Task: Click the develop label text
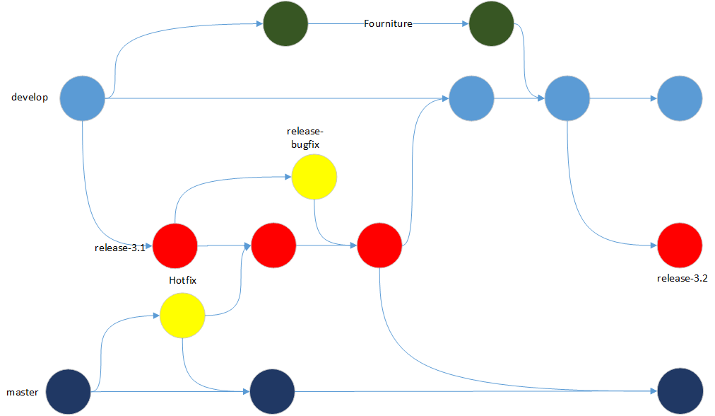tap(30, 98)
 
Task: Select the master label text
tap(23, 392)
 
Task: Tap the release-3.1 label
tap(119, 248)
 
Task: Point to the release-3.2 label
tap(682, 278)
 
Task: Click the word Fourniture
tap(388, 24)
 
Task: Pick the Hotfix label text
tap(182, 280)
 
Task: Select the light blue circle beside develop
tap(82, 98)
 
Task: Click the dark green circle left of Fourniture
tap(285, 25)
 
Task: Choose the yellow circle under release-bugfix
tap(314, 176)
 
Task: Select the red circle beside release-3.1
tap(175, 245)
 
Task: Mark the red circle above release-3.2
tap(680, 245)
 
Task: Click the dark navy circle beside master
tap(69, 391)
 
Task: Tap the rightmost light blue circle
tap(680, 98)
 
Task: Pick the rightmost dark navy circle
tap(680, 391)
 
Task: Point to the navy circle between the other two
tap(272, 391)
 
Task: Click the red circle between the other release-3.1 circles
tap(273, 245)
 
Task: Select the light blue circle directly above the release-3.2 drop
tap(567, 98)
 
